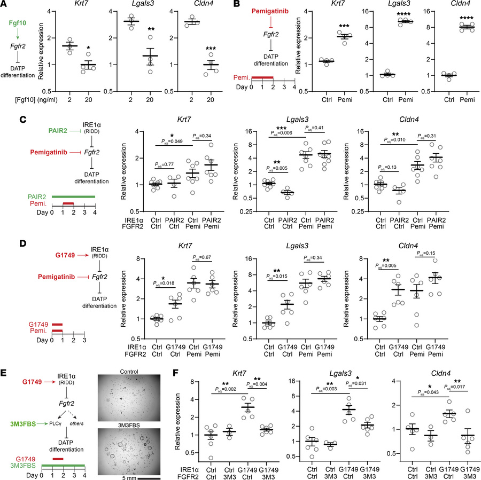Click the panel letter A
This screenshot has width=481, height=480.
point(5,5)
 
